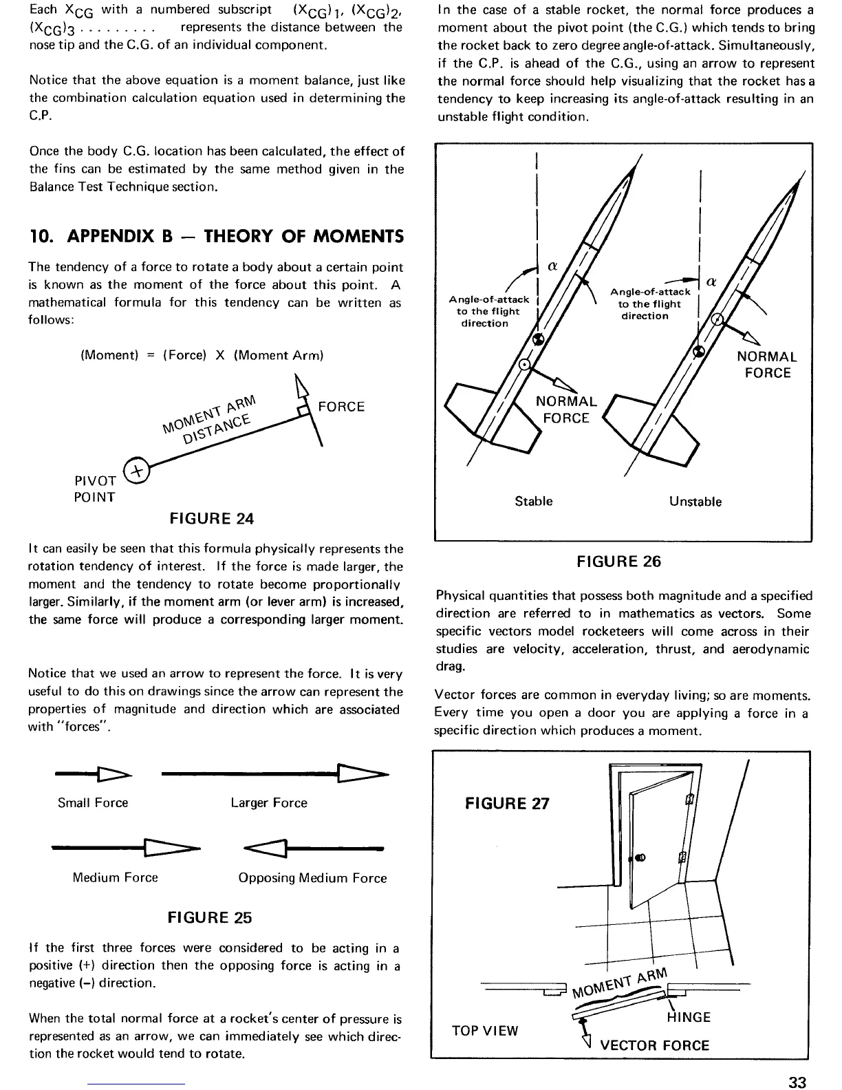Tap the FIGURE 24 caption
pos(211,519)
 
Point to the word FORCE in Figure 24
pos(341,407)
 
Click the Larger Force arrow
pos(274,775)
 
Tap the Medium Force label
pos(115,877)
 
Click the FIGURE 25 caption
pos(210,917)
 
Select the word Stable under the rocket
pos(533,501)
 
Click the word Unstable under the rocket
pos(695,502)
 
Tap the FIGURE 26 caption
pos(618,562)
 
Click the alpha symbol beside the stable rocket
pos(551,266)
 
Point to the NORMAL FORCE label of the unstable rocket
pos(767,365)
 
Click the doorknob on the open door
pos(639,857)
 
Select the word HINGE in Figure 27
pos(688,1017)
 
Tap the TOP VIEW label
pos(484,1030)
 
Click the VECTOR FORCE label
pos(654,1045)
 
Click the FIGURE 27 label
pos(507,803)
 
